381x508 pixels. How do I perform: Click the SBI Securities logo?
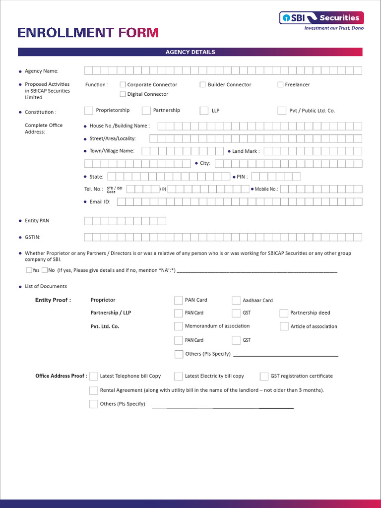(x=321, y=18)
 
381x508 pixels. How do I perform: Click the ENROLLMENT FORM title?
(x=88, y=33)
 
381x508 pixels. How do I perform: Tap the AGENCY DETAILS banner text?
(x=190, y=52)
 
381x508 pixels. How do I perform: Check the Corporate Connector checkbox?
(x=123, y=85)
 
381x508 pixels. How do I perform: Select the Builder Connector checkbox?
(x=203, y=85)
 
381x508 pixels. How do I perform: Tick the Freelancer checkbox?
(x=280, y=85)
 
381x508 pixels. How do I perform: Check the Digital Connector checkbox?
(x=123, y=94)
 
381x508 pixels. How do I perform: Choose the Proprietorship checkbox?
(x=88, y=111)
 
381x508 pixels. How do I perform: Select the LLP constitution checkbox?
(x=204, y=111)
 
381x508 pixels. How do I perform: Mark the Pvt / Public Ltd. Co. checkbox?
(x=281, y=111)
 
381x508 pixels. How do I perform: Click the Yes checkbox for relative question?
(x=29, y=270)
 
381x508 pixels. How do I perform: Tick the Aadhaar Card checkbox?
(x=236, y=300)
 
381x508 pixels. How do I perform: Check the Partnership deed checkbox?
(x=284, y=313)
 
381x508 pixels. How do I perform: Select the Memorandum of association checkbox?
(x=179, y=326)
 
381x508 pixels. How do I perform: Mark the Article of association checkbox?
(x=284, y=326)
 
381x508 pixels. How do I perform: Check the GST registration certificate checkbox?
(x=264, y=377)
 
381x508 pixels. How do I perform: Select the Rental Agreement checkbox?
(x=93, y=390)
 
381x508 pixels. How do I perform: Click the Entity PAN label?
(x=37, y=221)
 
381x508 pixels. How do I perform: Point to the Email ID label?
(x=100, y=202)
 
